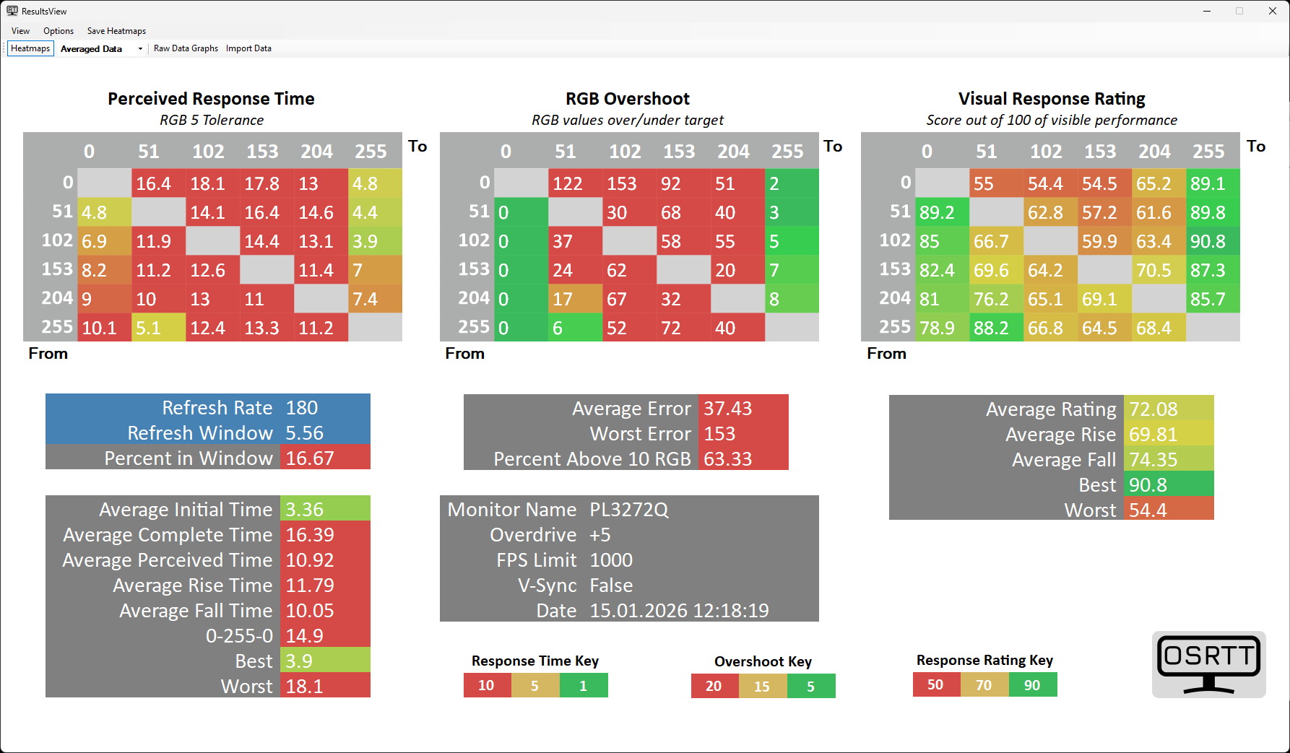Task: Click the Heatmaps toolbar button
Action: pyautogui.click(x=30, y=48)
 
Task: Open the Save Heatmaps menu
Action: pyautogui.click(x=116, y=31)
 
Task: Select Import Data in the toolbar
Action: pyautogui.click(x=248, y=48)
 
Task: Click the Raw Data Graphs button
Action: pyautogui.click(x=186, y=48)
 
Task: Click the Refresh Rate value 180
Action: pyautogui.click(x=302, y=408)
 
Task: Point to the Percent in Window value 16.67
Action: pyautogui.click(x=310, y=458)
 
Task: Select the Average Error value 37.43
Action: pyautogui.click(x=728, y=409)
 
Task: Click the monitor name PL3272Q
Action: pyautogui.click(x=629, y=510)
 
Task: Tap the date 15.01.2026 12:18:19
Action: pyautogui.click(x=679, y=611)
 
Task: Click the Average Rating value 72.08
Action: pyautogui.click(x=1153, y=409)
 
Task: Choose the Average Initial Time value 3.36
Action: pyautogui.click(x=305, y=510)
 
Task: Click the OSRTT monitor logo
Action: pyautogui.click(x=1208, y=664)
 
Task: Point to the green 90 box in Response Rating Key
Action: pyautogui.click(x=1032, y=685)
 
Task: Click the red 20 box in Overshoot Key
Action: pyautogui.click(x=714, y=686)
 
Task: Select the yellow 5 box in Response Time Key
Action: pyautogui.click(x=534, y=685)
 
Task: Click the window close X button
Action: pyautogui.click(x=1273, y=11)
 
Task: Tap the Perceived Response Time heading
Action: pyautogui.click(x=211, y=99)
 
